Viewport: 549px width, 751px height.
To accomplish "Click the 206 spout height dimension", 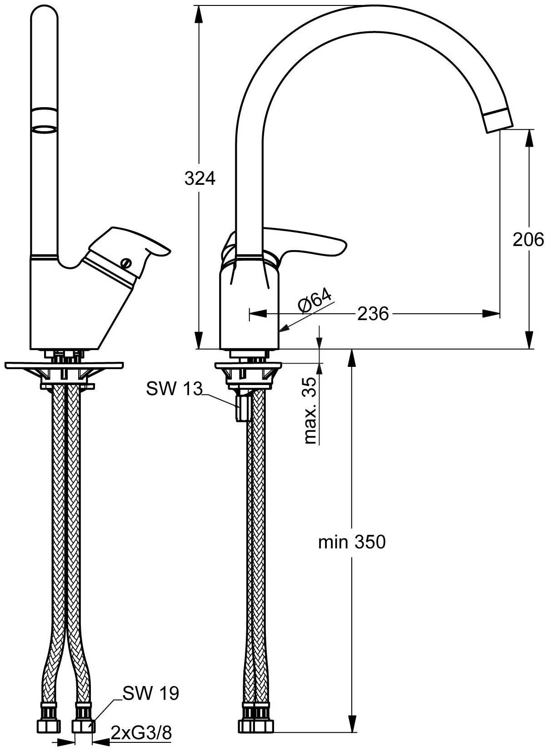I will pos(528,239).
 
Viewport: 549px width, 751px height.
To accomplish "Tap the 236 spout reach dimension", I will pos(373,314).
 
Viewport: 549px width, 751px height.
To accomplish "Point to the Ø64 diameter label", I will pos(315,300).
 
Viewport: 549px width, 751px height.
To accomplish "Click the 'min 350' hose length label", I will pos(352,542).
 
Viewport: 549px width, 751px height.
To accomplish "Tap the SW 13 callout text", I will pos(174,389).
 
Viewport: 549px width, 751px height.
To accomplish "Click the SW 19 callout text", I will pos(151,693).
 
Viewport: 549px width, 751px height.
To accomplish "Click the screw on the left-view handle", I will pos(126,263).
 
